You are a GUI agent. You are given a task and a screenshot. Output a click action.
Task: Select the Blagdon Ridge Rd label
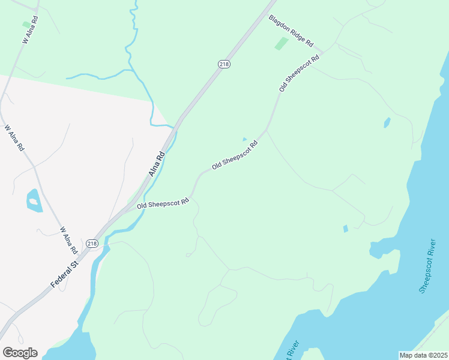(x=291, y=31)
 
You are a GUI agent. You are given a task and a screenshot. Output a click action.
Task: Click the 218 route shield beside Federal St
(x=91, y=243)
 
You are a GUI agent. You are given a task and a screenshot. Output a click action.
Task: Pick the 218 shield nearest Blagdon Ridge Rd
(x=224, y=64)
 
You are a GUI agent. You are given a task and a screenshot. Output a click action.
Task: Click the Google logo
(x=20, y=353)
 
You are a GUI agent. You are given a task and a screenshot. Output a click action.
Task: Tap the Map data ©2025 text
(x=423, y=355)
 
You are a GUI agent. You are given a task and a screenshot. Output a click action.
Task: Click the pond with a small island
(x=34, y=200)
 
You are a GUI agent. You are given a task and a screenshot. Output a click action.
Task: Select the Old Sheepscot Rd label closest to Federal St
(x=163, y=203)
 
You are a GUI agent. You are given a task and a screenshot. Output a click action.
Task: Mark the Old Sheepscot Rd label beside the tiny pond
(x=235, y=154)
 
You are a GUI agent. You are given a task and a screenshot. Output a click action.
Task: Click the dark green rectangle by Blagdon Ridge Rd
(x=281, y=43)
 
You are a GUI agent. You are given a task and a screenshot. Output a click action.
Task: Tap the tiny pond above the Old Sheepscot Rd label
(x=244, y=139)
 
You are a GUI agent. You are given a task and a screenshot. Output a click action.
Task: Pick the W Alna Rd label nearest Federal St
(x=68, y=239)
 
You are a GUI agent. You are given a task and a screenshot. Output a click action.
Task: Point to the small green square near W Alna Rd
(x=26, y=25)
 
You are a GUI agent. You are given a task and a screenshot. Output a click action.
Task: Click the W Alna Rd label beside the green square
(x=31, y=29)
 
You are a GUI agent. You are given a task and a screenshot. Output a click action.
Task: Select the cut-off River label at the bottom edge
(x=294, y=353)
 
